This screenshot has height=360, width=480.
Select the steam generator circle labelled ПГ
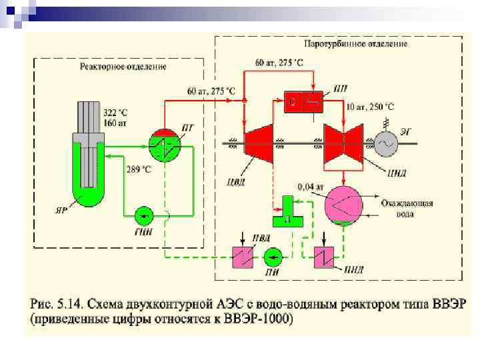click(160, 142)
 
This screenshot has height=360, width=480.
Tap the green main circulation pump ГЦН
click(143, 215)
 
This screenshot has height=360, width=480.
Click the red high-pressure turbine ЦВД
click(258, 144)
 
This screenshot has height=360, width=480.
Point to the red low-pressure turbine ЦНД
click(341, 144)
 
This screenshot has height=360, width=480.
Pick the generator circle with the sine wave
click(387, 143)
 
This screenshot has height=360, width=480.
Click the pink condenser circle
click(342, 205)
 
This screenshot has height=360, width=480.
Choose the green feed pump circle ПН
click(273, 257)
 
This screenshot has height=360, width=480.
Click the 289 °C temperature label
click(138, 170)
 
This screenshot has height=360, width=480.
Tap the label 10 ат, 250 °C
click(370, 107)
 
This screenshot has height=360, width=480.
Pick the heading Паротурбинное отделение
click(355, 43)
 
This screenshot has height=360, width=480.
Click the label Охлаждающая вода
click(407, 208)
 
